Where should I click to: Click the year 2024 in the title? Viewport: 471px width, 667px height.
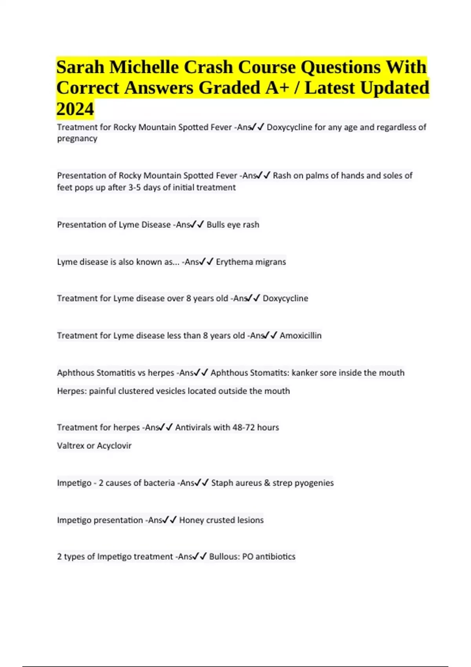pyautogui.click(x=75, y=109)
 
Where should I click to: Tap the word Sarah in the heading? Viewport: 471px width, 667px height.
pyautogui.click(x=80, y=67)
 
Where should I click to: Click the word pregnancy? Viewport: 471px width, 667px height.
pyautogui.click(x=77, y=139)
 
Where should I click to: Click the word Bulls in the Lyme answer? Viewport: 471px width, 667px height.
pyautogui.click(x=215, y=225)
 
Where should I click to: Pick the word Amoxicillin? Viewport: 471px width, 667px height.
pyautogui.click(x=300, y=335)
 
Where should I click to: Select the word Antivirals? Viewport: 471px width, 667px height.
pyautogui.click(x=193, y=427)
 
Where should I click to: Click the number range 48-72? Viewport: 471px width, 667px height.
pyautogui.click(x=244, y=427)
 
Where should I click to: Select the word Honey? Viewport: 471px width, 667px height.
pyautogui.click(x=190, y=520)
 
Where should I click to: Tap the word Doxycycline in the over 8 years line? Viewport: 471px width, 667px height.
pyautogui.click(x=285, y=299)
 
